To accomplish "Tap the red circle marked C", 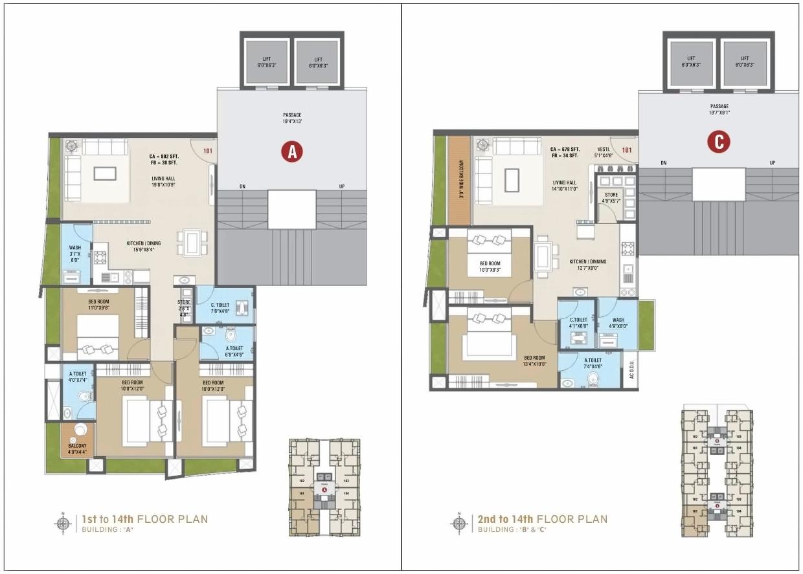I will (719, 142).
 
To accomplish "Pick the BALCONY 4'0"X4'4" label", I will (77, 448).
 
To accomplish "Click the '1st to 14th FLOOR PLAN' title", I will (143, 519).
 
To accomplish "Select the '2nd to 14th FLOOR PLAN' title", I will (543, 519).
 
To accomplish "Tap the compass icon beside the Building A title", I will (63, 523).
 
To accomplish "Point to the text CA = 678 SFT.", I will (565, 149).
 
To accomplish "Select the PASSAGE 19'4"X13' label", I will (292, 118).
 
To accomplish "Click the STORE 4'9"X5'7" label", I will (611, 197).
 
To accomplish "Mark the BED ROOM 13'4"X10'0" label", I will (535, 360).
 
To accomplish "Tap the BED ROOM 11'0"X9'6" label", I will (98, 304).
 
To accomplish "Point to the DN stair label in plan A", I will (242, 186).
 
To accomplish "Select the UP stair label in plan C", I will (771, 163).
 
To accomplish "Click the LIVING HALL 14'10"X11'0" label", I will (565, 186).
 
